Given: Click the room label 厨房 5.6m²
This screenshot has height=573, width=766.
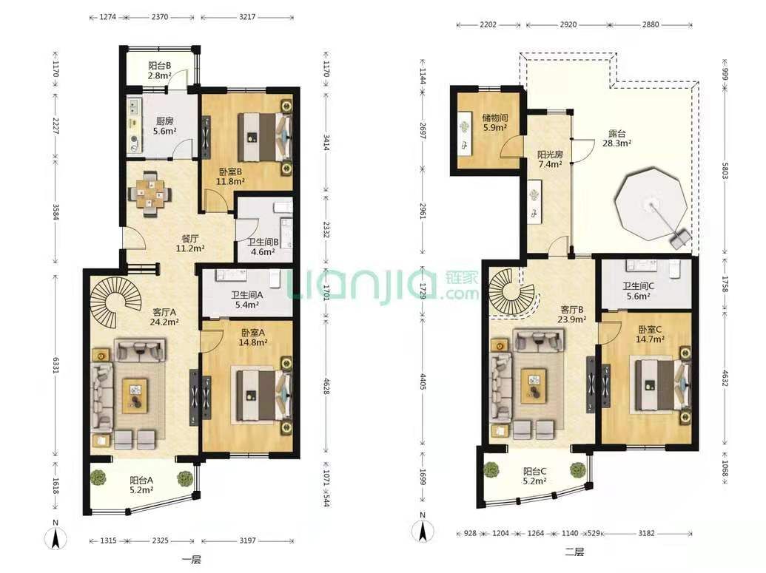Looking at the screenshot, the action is (164, 126).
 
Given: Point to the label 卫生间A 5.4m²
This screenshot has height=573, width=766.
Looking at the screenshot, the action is (246, 299).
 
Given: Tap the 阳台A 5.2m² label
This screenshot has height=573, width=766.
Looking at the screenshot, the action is (141, 485).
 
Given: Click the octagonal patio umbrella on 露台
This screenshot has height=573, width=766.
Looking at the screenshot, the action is (651, 205).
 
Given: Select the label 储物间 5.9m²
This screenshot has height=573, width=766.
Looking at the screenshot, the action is (494, 123).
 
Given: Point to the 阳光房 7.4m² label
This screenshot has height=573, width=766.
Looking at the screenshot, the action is (550, 159).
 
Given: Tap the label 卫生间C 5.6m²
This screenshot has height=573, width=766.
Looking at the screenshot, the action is (638, 291).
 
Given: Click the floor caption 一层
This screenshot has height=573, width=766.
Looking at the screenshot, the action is (191, 560).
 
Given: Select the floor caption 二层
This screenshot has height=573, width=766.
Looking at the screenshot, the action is (574, 552).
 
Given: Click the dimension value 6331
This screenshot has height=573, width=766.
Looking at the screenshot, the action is (55, 365).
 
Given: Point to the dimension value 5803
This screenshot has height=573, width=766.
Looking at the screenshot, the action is (725, 169).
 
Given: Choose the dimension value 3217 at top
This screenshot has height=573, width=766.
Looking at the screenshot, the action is (247, 16).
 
